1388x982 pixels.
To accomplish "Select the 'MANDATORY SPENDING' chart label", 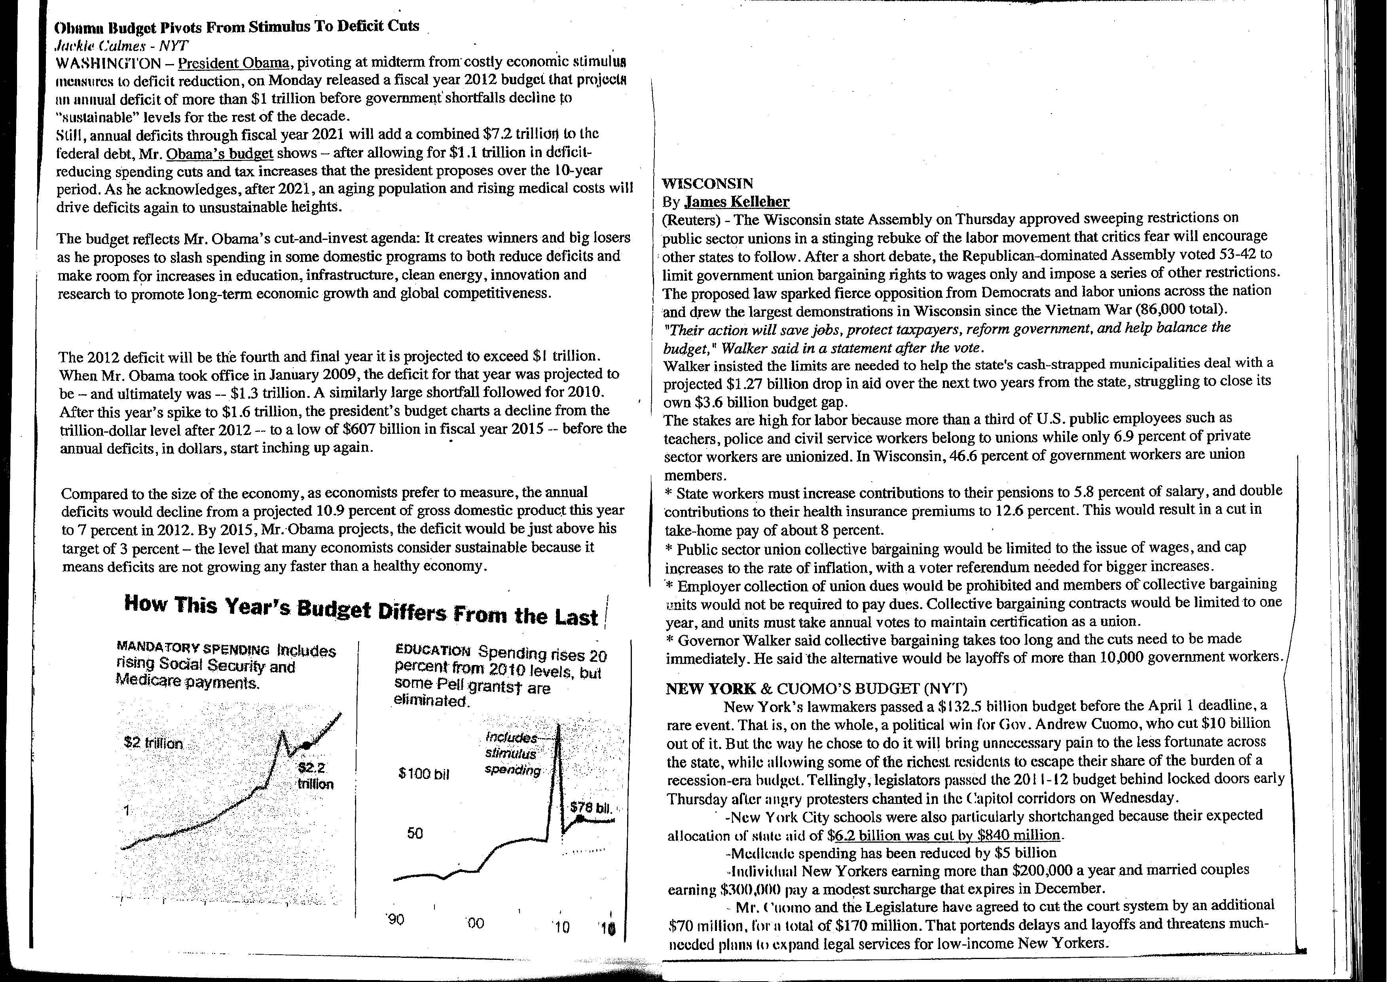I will coord(192,648).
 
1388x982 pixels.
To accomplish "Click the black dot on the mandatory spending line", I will coord(307,746).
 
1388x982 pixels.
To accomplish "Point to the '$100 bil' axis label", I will coord(424,774).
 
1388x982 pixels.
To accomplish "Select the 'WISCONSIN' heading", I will coord(707,184).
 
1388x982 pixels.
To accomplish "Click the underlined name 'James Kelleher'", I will coord(737,202).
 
